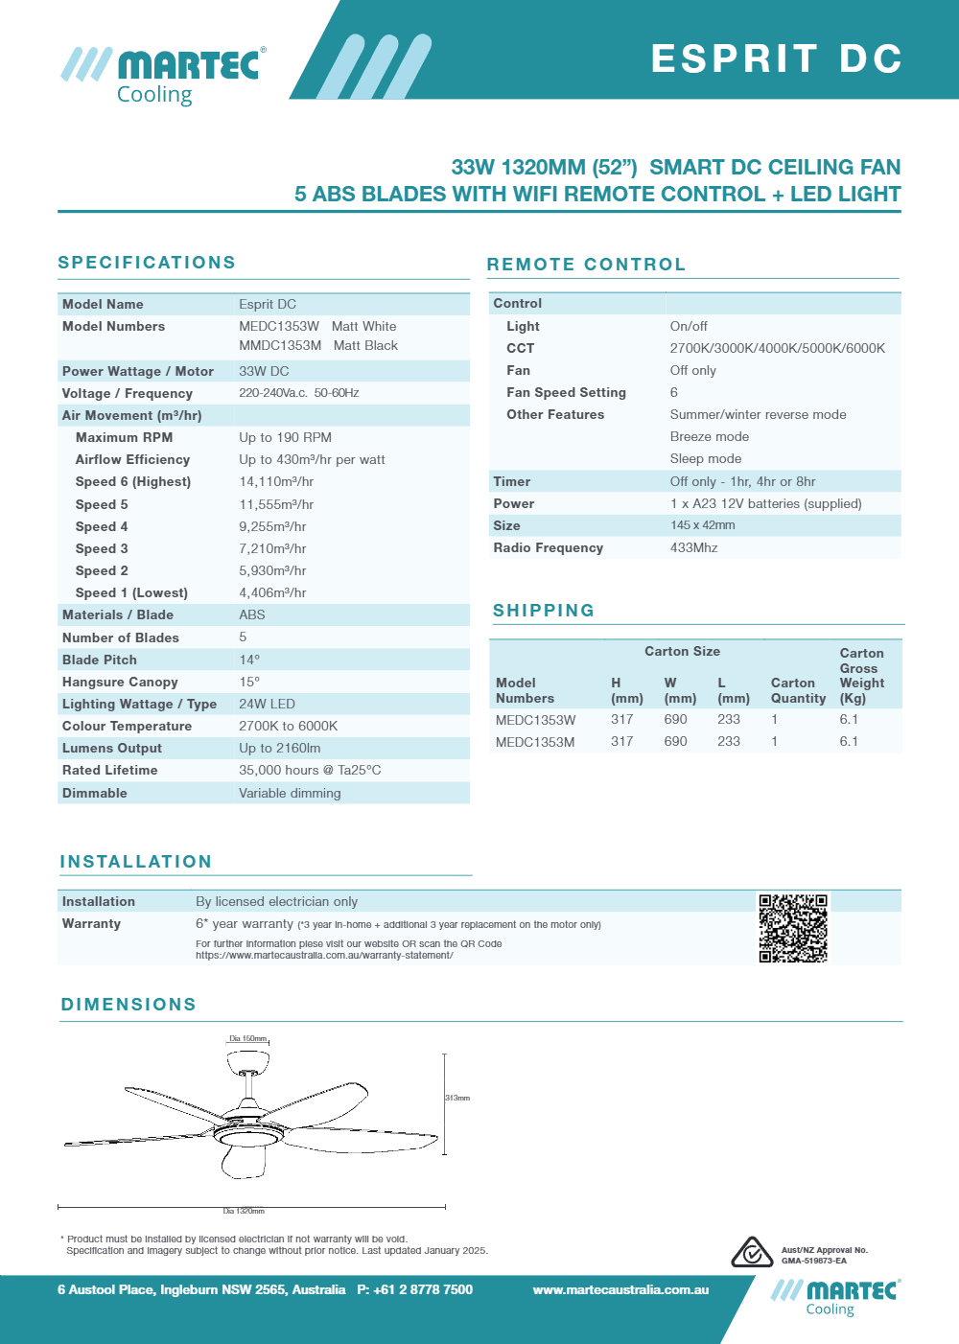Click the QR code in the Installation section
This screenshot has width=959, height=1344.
(x=793, y=928)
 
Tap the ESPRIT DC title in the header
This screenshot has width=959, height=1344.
(x=776, y=58)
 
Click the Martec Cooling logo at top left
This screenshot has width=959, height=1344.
(x=164, y=75)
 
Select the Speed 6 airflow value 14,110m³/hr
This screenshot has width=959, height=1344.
(x=276, y=482)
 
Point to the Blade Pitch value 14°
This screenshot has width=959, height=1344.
(x=249, y=660)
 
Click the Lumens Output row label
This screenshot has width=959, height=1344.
(x=112, y=749)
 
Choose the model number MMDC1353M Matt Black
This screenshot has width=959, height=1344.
(x=318, y=346)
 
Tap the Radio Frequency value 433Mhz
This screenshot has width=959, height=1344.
(x=694, y=548)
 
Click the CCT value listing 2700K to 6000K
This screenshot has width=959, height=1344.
(x=778, y=349)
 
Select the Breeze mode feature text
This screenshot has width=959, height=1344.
(x=710, y=437)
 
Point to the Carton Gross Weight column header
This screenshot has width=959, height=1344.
(x=861, y=676)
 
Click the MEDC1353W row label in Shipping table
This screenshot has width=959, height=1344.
(x=536, y=720)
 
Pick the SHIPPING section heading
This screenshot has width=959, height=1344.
(x=544, y=611)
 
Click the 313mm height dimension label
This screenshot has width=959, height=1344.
(x=457, y=1098)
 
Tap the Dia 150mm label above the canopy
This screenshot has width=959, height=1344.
(x=248, y=1039)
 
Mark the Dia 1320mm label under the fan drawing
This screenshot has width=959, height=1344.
(x=244, y=1212)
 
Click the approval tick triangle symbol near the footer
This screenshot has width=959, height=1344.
(x=752, y=1253)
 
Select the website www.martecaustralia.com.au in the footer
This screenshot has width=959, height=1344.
(x=620, y=1290)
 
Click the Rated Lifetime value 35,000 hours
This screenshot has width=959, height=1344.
(x=310, y=771)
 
